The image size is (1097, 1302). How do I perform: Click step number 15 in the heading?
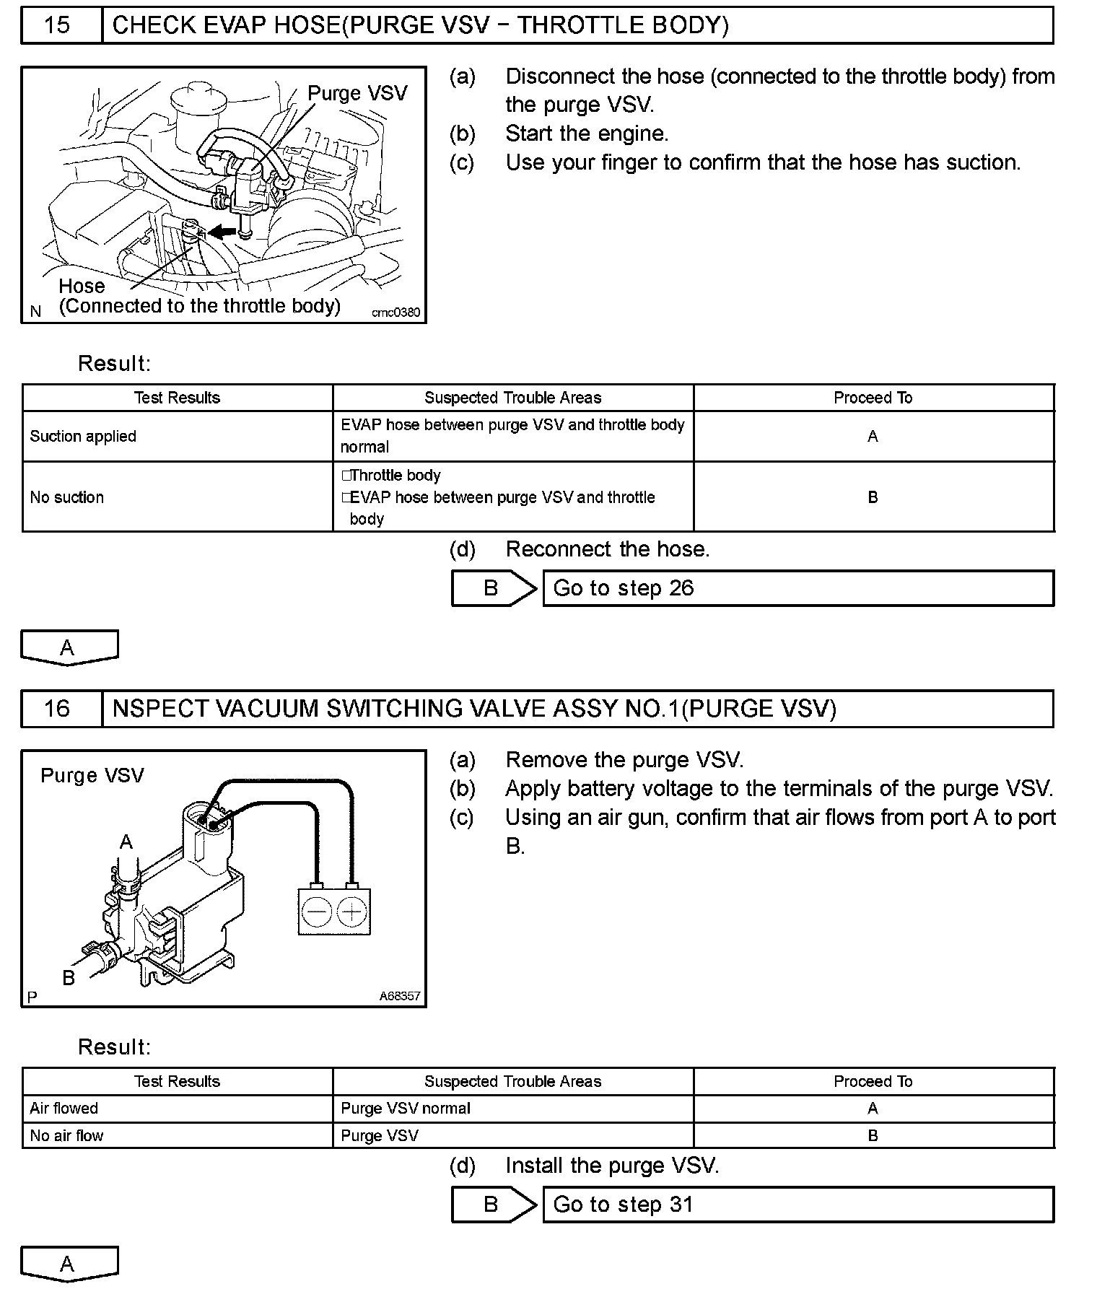(57, 25)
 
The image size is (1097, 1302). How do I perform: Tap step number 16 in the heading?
(57, 709)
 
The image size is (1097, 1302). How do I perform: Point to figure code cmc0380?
(395, 313)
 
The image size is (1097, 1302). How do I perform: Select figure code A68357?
(400, 996)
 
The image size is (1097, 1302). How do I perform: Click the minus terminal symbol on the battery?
(316, 912)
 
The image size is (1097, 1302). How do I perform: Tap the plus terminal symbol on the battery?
(351, 912)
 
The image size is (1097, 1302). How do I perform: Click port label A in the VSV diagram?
(126, 842)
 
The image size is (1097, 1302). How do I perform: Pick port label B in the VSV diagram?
(69, 977)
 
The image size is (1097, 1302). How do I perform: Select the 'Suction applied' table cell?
(83, 437)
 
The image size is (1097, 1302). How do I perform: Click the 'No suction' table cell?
(67, 497)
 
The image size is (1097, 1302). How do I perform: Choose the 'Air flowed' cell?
(64, 1109)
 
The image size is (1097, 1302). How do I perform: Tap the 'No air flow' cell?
(66, 1136)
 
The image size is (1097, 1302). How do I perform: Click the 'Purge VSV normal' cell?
(406, 1109)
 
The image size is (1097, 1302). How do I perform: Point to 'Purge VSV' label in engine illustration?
(357, 93)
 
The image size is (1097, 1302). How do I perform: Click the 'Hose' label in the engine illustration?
(82, 286)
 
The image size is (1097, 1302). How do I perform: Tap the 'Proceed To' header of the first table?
(873, 398)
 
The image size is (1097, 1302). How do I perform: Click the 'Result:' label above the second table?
(114, 1047)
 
